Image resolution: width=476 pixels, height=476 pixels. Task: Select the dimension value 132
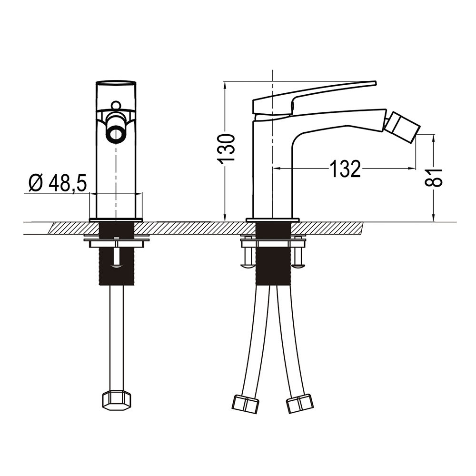click(x=345, y=169)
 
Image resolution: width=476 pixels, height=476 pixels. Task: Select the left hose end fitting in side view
click(x=246, y=404)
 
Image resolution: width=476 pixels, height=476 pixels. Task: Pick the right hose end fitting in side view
click(x=299, y=403)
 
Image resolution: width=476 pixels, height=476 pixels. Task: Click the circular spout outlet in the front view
click(x=115, y=132)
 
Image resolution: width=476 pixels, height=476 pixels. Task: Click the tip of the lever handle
click(x=376, y=83)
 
